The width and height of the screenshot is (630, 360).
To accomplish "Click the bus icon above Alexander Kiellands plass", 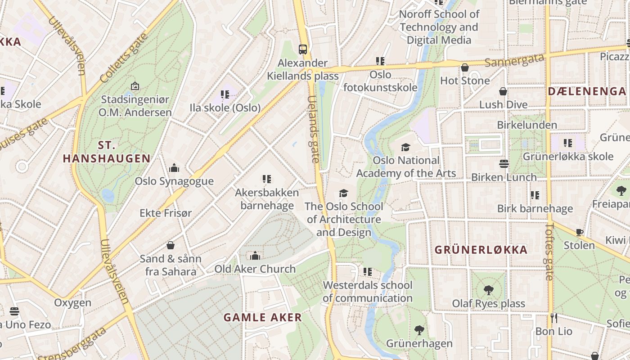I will [303, 49].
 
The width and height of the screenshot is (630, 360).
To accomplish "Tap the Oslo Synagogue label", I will [174, 181].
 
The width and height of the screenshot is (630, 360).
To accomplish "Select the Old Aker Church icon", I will [255, 256].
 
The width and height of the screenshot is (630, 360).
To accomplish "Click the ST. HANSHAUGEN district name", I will [107, 152].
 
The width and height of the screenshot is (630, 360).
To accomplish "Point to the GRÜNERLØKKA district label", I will [481, 250].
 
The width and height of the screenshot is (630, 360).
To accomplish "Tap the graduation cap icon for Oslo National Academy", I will [405, 147].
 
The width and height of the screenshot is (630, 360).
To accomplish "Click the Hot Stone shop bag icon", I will [465, 68].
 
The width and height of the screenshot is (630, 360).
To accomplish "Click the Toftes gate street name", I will [550, 252].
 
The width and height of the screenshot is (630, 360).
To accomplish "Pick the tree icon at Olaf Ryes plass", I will [488, 290].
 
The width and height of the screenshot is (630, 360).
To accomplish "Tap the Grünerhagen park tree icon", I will [419, 330].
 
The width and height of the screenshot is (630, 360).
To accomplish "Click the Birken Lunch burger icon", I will [504, 164].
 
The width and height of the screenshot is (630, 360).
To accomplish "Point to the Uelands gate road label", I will [314, 129].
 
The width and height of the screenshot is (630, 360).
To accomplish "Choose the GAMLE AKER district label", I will [263, 317].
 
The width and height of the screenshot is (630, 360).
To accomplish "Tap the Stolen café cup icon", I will [579, 233].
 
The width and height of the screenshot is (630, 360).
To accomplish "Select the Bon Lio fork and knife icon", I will [553, 318].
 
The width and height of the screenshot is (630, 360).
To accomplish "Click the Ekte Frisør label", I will [166, 213].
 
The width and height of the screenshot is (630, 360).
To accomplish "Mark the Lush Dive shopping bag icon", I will [503, 92].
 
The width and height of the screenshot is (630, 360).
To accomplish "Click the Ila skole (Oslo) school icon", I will [225, 94].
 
